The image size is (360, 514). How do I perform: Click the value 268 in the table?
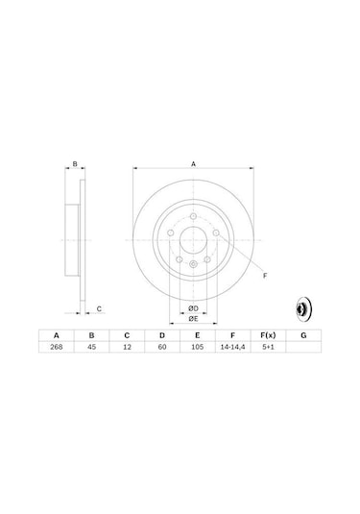(x=57, y=347)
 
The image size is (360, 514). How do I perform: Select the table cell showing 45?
(x=92, y=347)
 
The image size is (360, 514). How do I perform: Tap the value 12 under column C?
(x=127, y=347)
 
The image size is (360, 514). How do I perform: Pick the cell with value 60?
(x=162, y=347)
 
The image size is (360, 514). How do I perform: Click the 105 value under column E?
(x=197, y=347)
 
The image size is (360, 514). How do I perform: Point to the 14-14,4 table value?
(x=232, y=347)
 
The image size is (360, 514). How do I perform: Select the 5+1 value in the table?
(x=268, y=347)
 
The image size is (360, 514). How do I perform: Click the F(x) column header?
(x=268, y=335)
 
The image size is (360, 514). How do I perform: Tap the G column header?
(x=303, y=335)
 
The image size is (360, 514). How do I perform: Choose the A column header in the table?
(x=57, y=335)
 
